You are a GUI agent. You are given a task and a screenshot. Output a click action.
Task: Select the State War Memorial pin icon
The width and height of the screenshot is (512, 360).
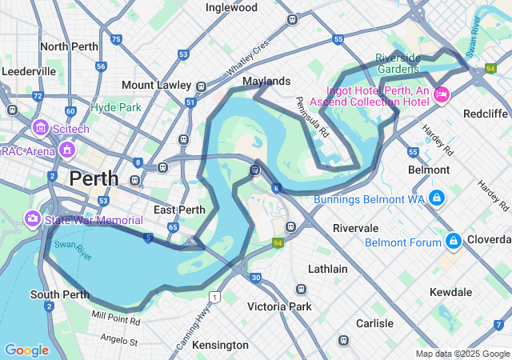33,218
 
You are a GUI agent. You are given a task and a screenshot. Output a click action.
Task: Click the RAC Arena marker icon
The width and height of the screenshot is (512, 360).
66,150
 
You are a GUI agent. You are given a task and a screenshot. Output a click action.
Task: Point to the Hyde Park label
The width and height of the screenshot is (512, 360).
115,106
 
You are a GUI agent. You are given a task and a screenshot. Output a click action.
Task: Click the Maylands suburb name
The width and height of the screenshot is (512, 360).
266,82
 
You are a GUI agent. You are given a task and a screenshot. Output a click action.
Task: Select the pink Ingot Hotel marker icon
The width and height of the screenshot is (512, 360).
442,95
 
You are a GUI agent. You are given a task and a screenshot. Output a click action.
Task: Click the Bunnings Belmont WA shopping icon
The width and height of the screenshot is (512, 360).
436,197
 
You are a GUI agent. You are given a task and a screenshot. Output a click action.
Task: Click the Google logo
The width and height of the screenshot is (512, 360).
26,350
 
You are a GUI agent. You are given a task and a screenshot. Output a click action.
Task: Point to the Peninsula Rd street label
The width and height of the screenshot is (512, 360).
312,116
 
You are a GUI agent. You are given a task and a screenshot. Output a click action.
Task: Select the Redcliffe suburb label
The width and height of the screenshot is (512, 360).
486,114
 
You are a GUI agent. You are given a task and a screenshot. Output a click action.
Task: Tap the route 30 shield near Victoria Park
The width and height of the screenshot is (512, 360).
255,278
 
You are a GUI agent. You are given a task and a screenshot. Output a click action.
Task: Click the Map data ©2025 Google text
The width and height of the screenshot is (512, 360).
462,354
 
